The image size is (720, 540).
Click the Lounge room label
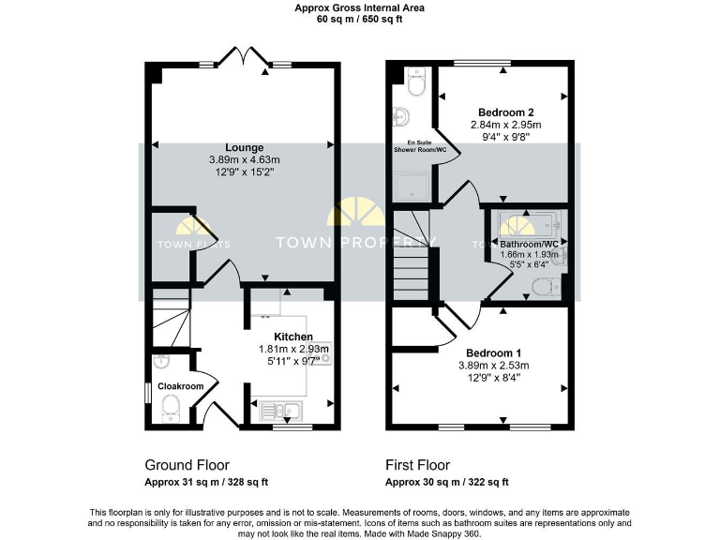244,147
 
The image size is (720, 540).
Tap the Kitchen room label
292,337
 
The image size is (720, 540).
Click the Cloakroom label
180,386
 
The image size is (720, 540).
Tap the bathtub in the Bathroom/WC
524,226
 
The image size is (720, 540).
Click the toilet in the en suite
415,83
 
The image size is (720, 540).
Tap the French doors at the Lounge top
243,59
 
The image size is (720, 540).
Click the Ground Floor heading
187,465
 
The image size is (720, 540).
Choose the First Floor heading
418,465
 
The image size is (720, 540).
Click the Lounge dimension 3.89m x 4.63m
244,159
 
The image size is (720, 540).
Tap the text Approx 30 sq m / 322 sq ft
447,482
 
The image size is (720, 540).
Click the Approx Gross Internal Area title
359,7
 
